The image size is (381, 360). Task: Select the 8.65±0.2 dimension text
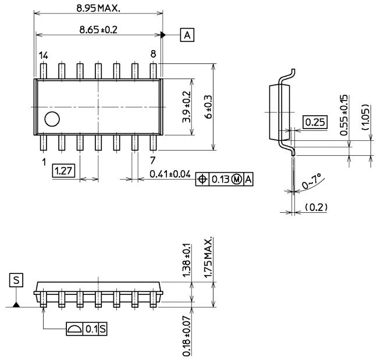click(x=97, y=30)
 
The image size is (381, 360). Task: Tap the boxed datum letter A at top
click(x=187, y=35)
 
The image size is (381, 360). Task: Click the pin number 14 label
click(x=44, y=55)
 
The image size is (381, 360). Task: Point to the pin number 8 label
click(x=153, y=54)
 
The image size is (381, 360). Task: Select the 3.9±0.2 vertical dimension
click(x=186, y=106)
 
